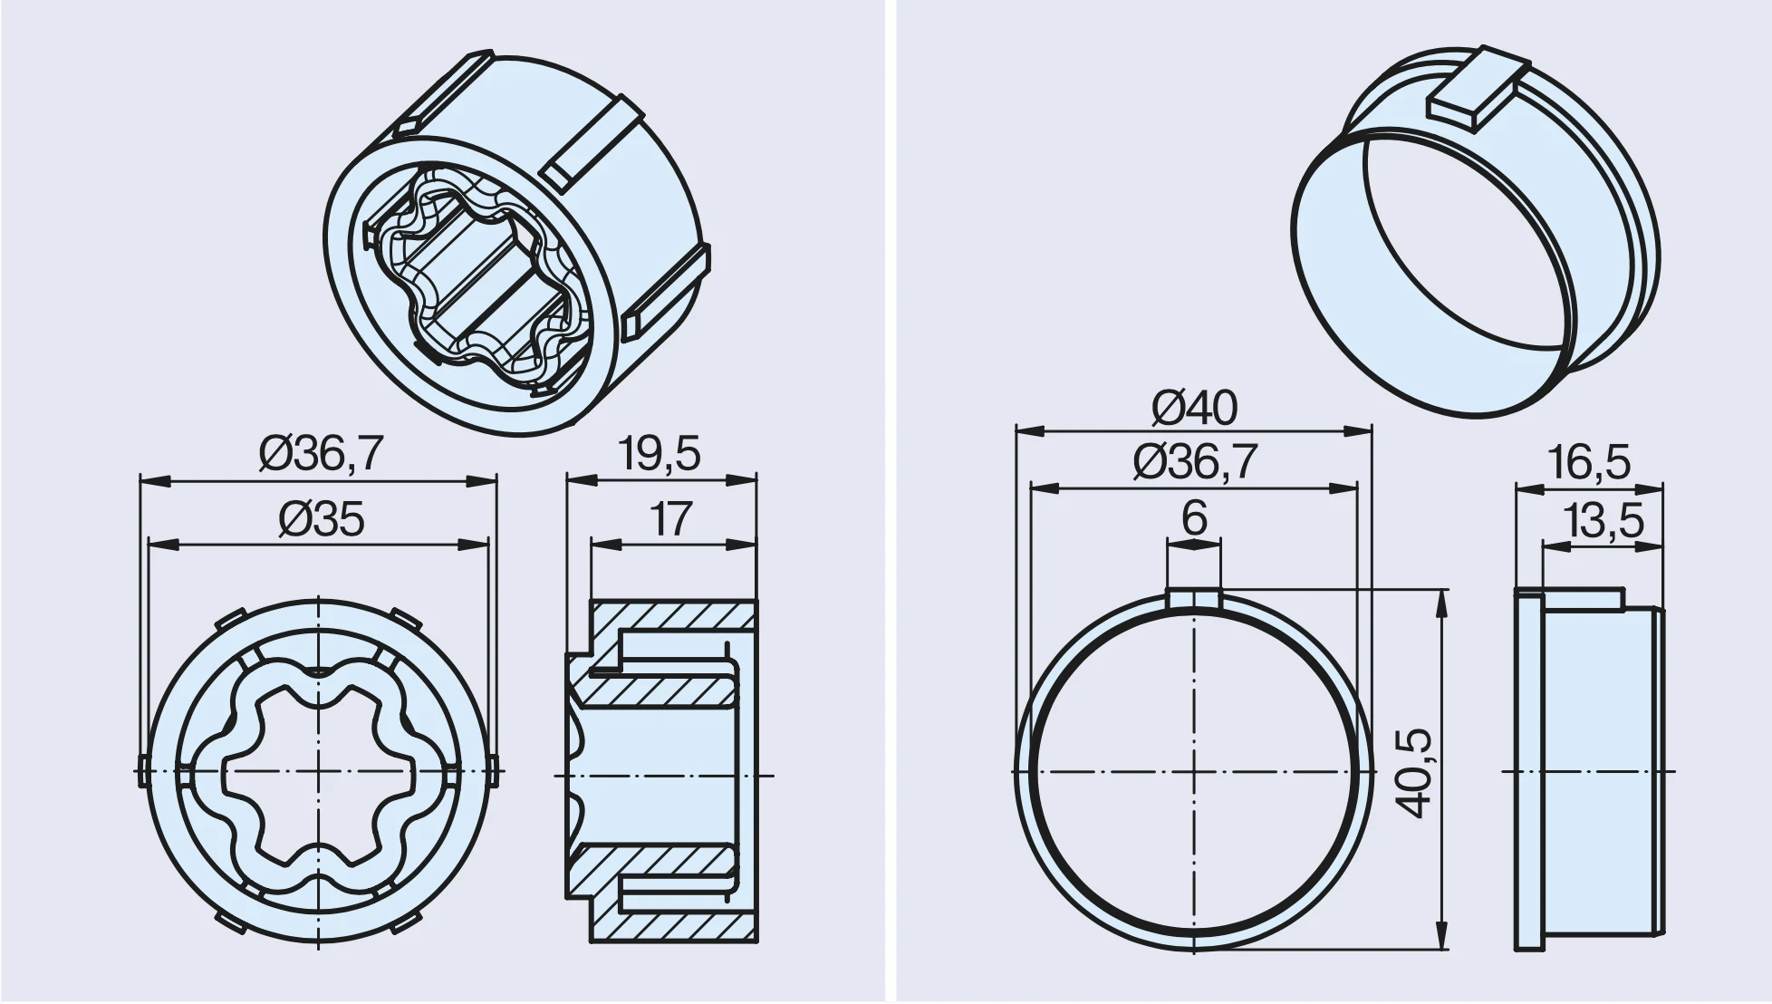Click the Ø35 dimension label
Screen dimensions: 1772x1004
point(322,519)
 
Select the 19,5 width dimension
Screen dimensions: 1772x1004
point(660,453)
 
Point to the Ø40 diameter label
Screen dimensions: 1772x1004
point(1194,408)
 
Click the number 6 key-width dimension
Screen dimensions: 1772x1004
point(1195,517)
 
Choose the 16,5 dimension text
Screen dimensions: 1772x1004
point(1589,462)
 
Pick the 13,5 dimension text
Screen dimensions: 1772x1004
point(1603,521)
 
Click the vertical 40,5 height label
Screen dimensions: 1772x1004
point(1414,773)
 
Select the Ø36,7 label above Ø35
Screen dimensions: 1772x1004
point(322,453)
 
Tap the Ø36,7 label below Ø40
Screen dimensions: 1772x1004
point(1195,462)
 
